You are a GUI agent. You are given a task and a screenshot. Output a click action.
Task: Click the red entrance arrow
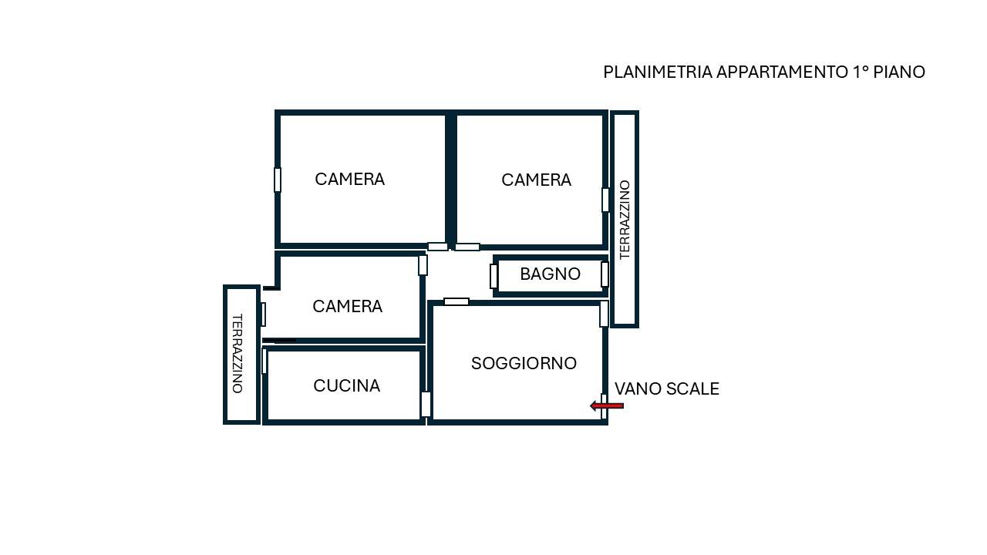pos(607,405)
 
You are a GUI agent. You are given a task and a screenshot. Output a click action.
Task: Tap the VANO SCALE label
pos(667,389)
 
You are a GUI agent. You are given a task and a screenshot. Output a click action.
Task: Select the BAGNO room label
pos(550,274)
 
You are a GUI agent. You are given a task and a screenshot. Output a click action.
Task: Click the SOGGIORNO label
pos(524,363)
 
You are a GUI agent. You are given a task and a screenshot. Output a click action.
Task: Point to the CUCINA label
pos(346,386)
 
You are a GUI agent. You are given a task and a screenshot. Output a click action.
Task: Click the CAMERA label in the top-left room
pos(349,180)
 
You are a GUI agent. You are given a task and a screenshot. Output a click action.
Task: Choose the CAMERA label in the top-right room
pos(536,180)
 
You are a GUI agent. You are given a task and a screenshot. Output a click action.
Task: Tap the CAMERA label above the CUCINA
pos(347,306)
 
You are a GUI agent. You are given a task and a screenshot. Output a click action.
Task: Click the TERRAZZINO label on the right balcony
pos(625,220)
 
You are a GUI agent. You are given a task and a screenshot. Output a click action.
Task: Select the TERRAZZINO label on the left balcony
pos(237,353)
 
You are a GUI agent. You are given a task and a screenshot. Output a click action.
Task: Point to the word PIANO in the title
pos(899,72)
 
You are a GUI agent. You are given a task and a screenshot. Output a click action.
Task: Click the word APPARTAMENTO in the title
pos(782,72)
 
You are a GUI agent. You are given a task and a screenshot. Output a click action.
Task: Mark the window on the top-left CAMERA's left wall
pos(278,180)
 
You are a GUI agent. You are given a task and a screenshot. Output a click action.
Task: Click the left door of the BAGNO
pos(494,276)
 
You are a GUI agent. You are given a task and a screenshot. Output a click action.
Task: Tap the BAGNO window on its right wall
pos(605,274)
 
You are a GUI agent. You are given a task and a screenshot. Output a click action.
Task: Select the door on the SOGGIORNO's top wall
pos(456,301)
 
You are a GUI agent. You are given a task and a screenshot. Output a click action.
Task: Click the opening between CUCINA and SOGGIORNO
pos(426,405)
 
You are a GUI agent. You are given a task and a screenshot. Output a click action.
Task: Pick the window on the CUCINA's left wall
pos(264,362)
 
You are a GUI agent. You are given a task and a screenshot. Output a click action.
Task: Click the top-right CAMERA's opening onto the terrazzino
pos(605,200)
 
